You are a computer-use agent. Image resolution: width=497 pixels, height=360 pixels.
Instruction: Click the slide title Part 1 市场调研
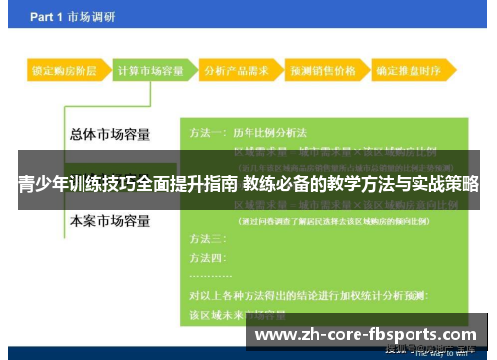(73, 17)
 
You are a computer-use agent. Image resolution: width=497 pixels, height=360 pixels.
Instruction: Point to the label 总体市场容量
(110, 135)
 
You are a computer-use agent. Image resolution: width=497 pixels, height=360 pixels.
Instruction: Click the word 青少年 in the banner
(41, 184)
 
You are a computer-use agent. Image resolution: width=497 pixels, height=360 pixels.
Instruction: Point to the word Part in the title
(44, 17)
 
